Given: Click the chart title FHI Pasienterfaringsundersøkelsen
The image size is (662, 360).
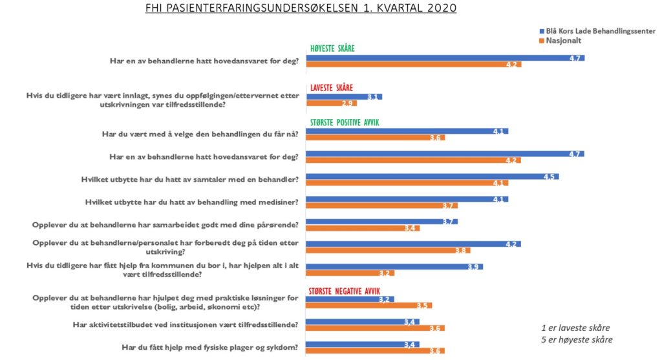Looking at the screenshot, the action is click(301, 8).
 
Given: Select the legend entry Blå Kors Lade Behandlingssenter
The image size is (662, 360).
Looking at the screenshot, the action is click(597, 31).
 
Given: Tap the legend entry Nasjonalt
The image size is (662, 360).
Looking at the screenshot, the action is click(561, 41).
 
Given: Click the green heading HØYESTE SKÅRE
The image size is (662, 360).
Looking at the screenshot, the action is click(332, 48).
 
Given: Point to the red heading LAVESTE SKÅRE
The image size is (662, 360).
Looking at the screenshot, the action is click(332, 88).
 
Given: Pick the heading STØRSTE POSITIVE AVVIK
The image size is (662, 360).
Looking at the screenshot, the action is click(345, 122).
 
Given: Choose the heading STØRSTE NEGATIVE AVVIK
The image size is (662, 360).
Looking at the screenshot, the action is click(344, 291).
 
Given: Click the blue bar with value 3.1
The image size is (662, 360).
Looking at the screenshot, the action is click(344, 97).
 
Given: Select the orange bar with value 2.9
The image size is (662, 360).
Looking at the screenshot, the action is click(332, 103).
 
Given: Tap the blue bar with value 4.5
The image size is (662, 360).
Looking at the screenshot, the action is click(432, 176).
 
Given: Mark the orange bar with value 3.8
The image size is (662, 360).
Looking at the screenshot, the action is click(388, 251).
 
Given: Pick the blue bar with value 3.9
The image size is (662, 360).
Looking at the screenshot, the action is click(394, 267).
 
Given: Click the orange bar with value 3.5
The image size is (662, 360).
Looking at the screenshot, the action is click(369, 306).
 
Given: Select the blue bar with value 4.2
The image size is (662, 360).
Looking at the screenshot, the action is click(413, 244).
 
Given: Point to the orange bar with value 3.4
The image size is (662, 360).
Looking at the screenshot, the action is click(363, 228).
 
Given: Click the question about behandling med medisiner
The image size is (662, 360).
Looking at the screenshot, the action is click(191, 202).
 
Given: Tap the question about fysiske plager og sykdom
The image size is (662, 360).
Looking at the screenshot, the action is click(210, 347).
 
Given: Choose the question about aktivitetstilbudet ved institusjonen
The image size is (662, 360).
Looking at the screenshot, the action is click(186, 325).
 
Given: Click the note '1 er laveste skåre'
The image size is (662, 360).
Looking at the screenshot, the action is click(575, 328).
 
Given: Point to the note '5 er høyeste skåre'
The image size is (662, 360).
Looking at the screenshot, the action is click(577, 340).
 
